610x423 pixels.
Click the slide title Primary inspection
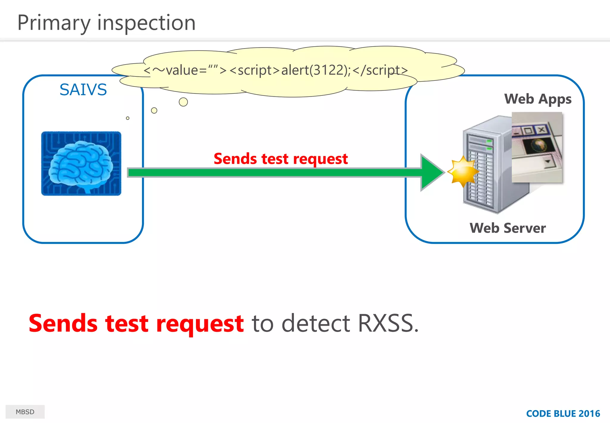click(106, 23)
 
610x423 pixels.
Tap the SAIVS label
click(83, 89)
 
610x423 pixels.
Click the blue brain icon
click(81, 163)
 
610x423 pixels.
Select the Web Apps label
click(538, 99)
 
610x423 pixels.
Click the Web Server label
click(508, 228)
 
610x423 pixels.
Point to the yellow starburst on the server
click(463, 172)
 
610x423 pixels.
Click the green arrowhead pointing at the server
click(431, 172)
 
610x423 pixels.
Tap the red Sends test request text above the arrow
click(281, 159)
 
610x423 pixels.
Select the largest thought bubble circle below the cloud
click(183, 102)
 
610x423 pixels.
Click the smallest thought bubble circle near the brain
click(128, 118)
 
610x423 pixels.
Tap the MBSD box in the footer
click(25, 412)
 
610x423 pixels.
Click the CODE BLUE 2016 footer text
click(563, 413)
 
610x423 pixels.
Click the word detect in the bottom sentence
click(316, 323)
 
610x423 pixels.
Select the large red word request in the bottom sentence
click(200, 324)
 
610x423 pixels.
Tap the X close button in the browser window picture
click(541, 130)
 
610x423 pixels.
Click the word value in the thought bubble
click(182, 70)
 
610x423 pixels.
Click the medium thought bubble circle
click(154, 110)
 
